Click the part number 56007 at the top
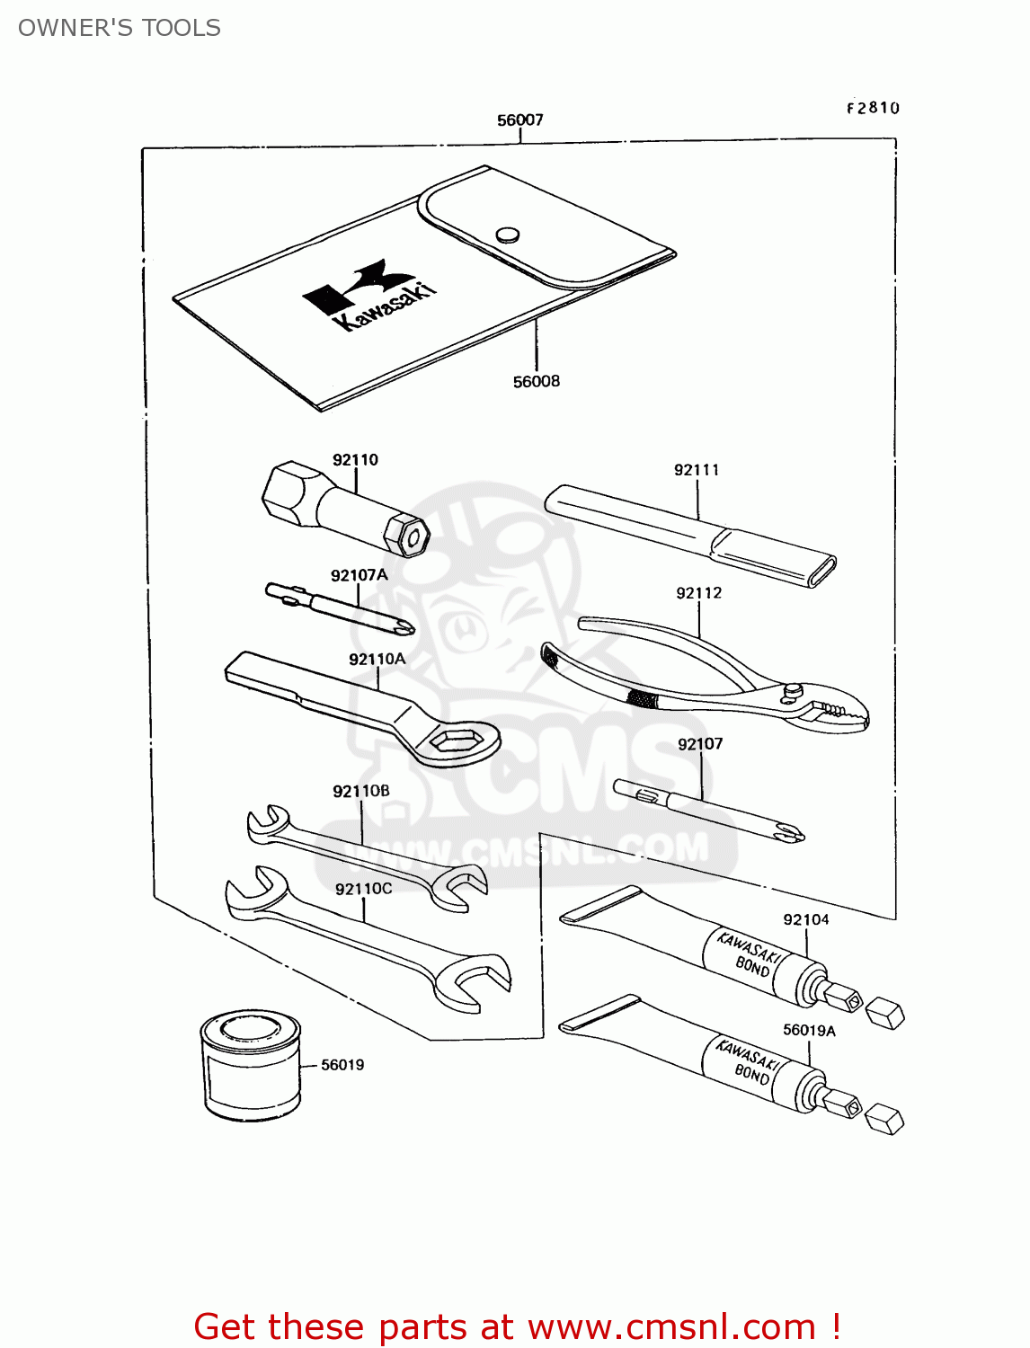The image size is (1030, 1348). click(519, 120)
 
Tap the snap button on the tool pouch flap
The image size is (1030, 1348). click(508, 235)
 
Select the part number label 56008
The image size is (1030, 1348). click(536, 381)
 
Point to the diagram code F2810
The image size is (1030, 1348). click(872, 108)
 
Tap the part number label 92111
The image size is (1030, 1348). click(697, 469)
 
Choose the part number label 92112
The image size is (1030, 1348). click(698, 593)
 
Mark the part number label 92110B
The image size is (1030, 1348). click(361, 791)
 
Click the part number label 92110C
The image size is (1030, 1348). click(363, 889)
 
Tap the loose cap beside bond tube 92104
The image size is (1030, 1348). click(884, 1013)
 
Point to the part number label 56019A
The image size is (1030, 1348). click(809, 1030)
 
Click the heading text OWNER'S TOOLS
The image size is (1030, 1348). click(120, 28)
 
